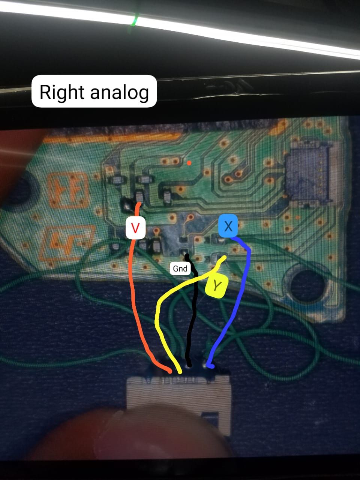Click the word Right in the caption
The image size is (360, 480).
[62, 92]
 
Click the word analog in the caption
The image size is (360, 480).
[120, 92]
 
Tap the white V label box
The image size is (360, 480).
[135, 228]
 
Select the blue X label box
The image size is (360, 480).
[228, 226]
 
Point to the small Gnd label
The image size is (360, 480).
[180, 268]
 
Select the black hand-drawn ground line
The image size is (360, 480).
[192, 310]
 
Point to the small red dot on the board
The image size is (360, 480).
[189, 163]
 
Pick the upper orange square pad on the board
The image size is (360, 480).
[68, 190]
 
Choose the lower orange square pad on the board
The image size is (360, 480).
[67, 244]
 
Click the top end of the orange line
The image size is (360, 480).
[139, 204]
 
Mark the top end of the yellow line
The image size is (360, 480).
[224, 257]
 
